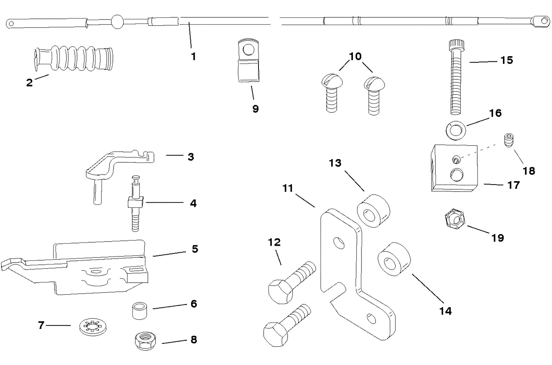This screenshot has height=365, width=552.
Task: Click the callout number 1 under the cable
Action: (x=194, y=56)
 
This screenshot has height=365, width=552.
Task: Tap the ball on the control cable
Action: (x=117, y=21)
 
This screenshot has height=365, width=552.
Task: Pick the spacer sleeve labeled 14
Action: (x=394, y=259)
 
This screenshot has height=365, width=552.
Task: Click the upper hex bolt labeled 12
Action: (x=291, y=284)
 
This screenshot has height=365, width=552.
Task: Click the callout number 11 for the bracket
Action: (x=288, y=189)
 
